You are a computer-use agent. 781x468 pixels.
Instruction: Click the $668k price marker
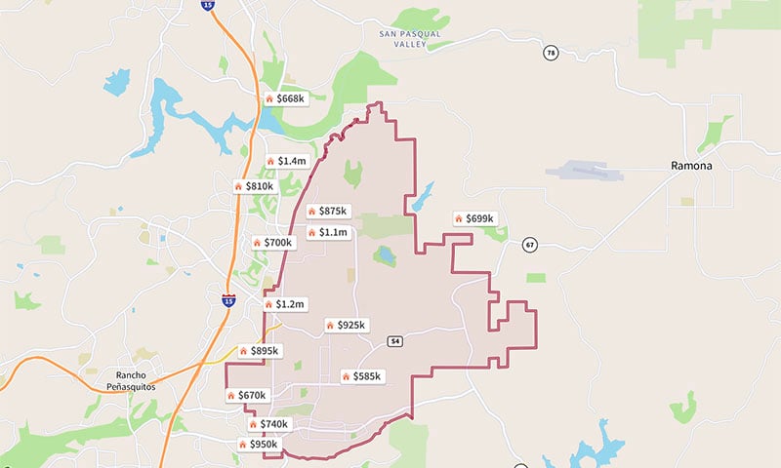pyautogui.click(x=285, y=98)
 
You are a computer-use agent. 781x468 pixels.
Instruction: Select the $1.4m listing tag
pyautogui.click(x=286, y=161)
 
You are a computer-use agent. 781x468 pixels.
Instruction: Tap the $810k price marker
pyautogui.click(x=255, y=185)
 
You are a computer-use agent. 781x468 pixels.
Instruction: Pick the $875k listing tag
pyautogui.click(x=327, y=211)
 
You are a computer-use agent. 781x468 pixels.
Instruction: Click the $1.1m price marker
pyautogui.click(x=327, y=232)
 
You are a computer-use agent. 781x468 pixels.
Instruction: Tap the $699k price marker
pyautogui.click(x=474, y=218)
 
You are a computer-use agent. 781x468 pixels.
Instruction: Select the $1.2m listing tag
pyautogui.click(x=285, y=304)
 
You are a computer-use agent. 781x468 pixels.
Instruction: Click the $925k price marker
pyautogui.click(x=346, y=324)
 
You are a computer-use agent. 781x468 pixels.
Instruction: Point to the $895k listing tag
pyautogui.click(x=259, y=350)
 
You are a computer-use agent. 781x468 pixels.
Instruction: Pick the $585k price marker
pyautogui.click(x=362, y=375)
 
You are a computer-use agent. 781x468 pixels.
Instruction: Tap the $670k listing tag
pyautogui.click(x=246, y=395)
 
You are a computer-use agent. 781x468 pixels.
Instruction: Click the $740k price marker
pyautogui.click(x=268, y=424)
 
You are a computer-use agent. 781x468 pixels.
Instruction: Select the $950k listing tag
pyautogui.click(x=259, y=444)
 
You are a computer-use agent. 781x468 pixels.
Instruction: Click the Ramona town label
pyautogui.click(x=691, y=166)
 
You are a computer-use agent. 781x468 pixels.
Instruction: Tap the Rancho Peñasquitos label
pyautogui.click(x=130, y=381)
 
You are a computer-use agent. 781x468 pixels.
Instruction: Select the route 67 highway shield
pyautogui.click(x=529, y=244)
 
